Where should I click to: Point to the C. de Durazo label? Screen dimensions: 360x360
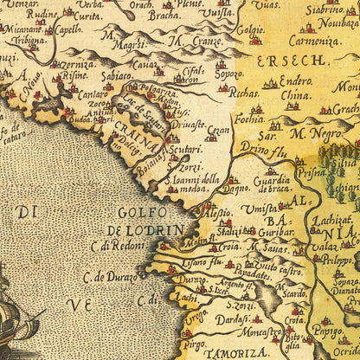click(x=112, y=279)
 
